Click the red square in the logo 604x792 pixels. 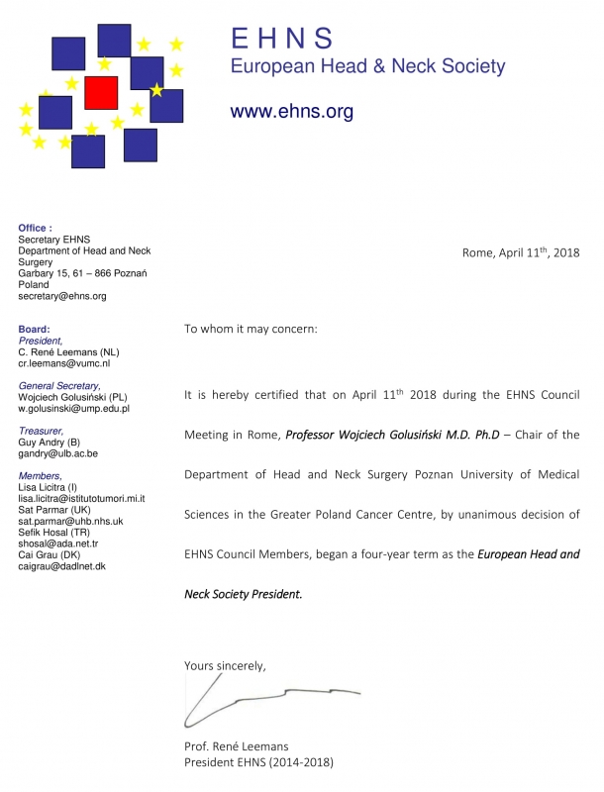[101, 93]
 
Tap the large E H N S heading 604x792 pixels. [281, 39]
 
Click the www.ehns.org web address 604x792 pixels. [291, 112]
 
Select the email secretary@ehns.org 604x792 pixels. [62, 296]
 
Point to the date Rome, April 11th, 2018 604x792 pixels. [520, 252]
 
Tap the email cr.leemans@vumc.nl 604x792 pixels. [64, 363]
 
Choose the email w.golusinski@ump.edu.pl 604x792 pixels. [74, 408]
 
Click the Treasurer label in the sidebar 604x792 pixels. [42, 431]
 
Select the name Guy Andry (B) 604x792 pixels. [50, 442]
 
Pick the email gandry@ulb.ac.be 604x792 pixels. [58, 453]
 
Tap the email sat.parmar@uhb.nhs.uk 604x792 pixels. [71, 521]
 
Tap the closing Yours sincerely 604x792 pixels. [225, 665]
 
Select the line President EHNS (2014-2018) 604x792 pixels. [258, 762]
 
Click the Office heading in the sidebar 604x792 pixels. [35, 229]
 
